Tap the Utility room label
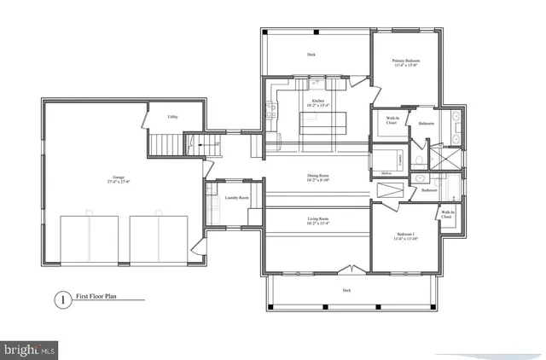(171, 116)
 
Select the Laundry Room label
(236, 198)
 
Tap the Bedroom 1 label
(406, 236)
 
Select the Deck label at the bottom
(346, 290)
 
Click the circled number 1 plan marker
(61, 299)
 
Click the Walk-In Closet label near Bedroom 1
(446, 215)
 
